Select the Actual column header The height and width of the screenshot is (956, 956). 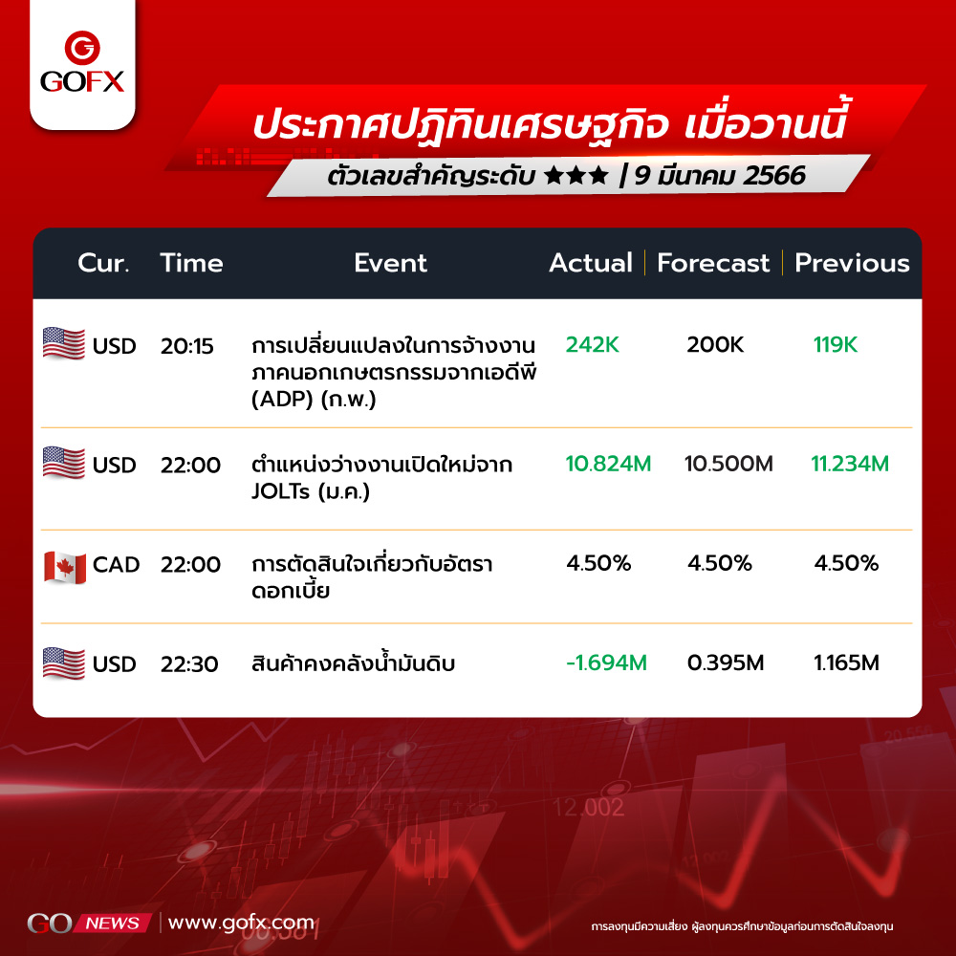pos(590,263)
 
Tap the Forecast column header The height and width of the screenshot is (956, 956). pos(713,263)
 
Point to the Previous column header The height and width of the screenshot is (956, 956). pos(852,263)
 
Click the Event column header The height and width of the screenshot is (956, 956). pos(390,263)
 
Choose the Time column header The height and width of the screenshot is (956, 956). pos(191,263)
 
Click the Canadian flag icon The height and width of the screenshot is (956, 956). pos(65,567)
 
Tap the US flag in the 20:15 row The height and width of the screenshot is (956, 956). pos(64,343)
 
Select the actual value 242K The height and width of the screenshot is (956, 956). pos(592,344)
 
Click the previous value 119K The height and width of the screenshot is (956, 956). pos(836,344)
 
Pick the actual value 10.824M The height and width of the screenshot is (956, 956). pos(608,464)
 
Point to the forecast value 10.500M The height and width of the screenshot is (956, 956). pos(728,464)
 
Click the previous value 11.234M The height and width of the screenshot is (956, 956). pos(849,464)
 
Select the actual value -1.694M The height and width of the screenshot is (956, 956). pos(606,663)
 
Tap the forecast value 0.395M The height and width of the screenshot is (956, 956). pos(726,663)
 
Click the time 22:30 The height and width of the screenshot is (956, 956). pos(189,663)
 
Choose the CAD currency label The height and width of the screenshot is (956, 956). pos(116,565)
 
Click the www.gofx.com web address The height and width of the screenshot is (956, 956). pos(241,923)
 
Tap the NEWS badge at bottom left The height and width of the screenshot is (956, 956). pos(112,923)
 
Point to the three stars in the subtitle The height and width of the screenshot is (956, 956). pos(576,176)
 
